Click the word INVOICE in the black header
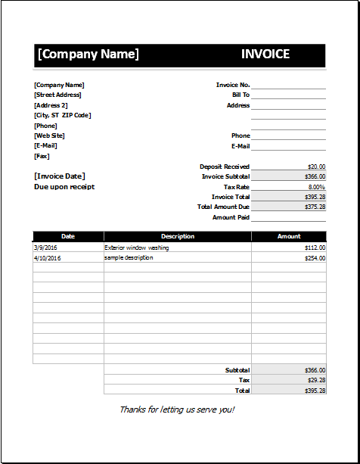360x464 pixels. [265, 54]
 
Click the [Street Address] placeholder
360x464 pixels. [57, 95]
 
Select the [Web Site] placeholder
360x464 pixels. [49, 135]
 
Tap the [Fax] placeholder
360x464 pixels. [42, 156]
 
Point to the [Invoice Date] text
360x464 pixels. [60, 176]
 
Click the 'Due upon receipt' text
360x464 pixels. [64, 186]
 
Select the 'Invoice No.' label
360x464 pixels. [233, 85]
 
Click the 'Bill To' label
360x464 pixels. [241, 95]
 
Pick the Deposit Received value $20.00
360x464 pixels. [316, 167]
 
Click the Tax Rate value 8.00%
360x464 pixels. [316, 187]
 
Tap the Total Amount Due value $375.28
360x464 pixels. [315, 207]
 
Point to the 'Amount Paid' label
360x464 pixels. [231, 217]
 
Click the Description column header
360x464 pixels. [178, 236]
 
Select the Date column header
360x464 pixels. [68, 236]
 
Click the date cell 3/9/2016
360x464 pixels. [45, 248]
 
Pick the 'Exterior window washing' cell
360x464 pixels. [137, 248]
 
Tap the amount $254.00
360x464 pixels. [315, 258]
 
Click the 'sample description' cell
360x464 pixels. [129, 258]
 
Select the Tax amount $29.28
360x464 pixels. [316, 380]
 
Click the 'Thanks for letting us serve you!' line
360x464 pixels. [177, 410]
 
